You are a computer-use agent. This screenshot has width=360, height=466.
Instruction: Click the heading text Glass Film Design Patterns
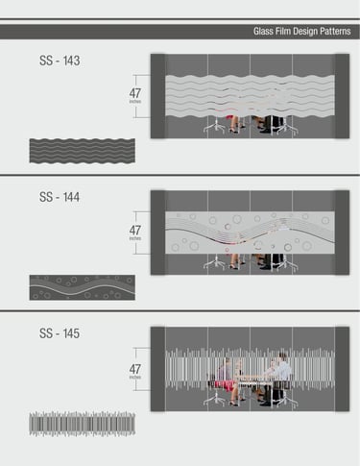click(x=301, y=32)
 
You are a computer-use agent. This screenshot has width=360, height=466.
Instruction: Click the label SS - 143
click(x=60, y=61)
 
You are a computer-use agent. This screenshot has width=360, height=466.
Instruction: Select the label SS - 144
click(x=60, y=197)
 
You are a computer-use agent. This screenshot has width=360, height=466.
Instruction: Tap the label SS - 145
click(x=60, y=333)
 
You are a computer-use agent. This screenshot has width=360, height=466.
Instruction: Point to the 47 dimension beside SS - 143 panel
click(x=135, y=93)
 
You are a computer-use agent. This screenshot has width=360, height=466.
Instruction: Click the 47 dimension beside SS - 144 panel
click(x=135, y=231)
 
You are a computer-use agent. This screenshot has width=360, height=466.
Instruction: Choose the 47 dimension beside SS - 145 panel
click(x=135, y=369)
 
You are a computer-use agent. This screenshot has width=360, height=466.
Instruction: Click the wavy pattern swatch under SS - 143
click(x=83, y=151)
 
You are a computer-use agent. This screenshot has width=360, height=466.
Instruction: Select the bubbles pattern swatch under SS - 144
click(x=83, y=287)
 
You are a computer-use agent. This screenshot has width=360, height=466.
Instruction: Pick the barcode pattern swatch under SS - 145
click(x=83, y=425)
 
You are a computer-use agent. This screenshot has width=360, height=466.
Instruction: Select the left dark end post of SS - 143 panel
click(x=158, y=96)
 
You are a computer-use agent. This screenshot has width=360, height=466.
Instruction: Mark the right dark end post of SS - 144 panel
click(x=342, y=233)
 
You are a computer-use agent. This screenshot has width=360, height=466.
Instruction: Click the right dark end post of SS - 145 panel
click(x=342, y=369)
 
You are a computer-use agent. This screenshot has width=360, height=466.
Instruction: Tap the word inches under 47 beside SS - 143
click(x=135, y=102)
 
